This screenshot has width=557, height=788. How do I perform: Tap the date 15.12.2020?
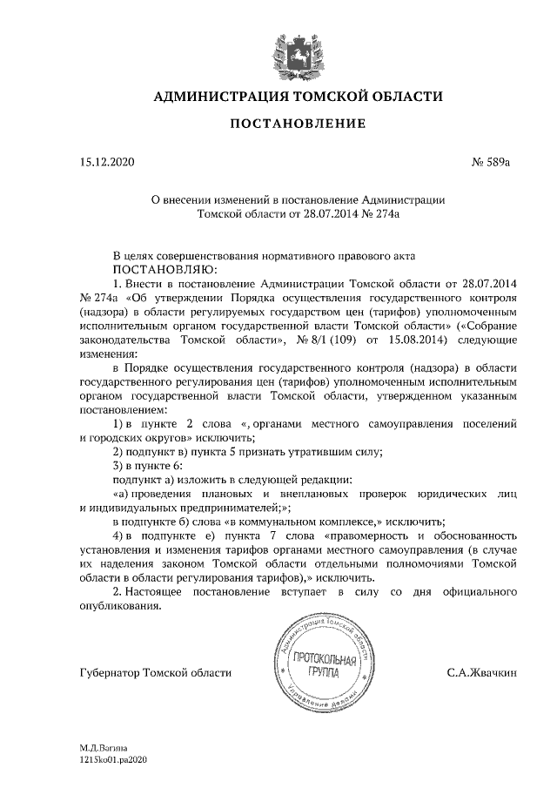click(x=107, y=162)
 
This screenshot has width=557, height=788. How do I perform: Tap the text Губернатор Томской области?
click(x=155, y=672)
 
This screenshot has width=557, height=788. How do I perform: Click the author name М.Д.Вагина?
click(x=104, y=747)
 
